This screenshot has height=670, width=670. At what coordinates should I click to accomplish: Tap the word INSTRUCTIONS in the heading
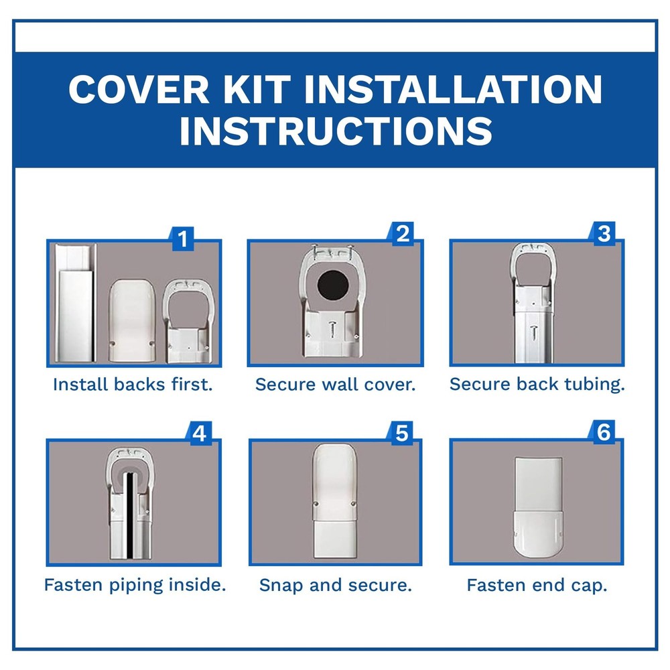[x=335, y=131]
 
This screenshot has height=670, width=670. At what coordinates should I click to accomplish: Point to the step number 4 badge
[x=198, y=433]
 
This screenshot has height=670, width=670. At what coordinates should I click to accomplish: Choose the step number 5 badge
[x=401, y=433]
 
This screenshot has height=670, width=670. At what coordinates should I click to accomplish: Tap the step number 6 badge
[x=603, y=433]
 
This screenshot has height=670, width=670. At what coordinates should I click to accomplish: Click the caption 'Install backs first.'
[x=133, y=385]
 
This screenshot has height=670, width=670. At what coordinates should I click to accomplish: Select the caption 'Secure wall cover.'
[x=335, y=385]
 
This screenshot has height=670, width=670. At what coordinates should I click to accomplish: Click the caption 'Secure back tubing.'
[x=537, y=385]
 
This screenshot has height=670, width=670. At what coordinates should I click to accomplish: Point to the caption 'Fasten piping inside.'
[x=135, y=585]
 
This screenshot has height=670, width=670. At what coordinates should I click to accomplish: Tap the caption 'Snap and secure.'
[x=335, y=585]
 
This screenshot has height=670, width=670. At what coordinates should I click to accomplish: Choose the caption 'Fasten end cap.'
[x=537, y=585]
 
